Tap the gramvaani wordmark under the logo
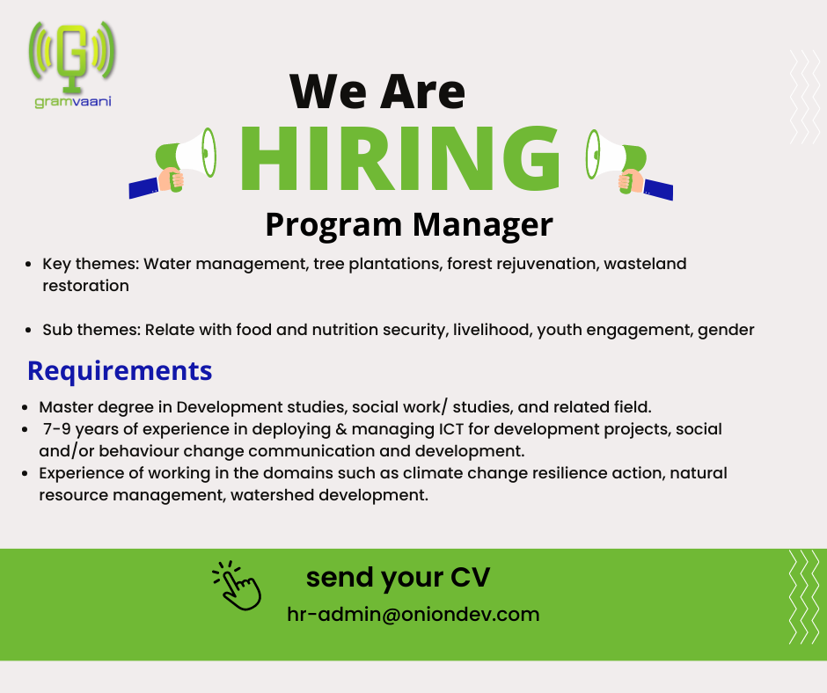73,101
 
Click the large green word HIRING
399,157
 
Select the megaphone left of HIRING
172,162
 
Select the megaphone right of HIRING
629,164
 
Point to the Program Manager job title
409,225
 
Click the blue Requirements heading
120,371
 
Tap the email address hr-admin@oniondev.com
413,615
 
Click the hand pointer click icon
237,586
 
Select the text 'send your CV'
399,578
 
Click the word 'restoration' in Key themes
86,285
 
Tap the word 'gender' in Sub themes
726,330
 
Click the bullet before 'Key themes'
28,264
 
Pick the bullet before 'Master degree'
25,408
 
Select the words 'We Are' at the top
377,91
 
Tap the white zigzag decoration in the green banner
804,596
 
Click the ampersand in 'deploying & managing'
341,429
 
